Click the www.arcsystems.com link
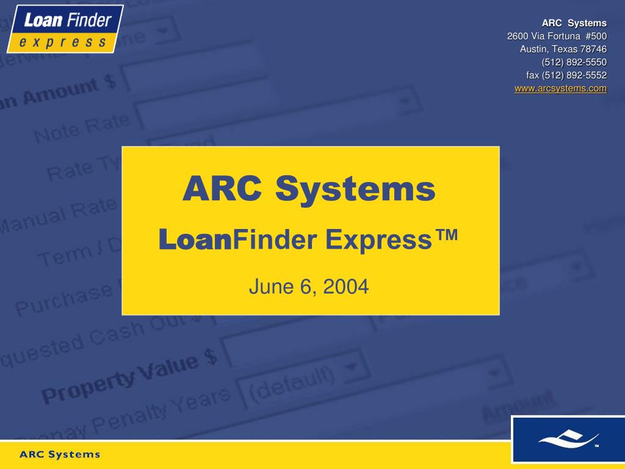pos(560,89)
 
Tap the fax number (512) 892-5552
pos(566,76)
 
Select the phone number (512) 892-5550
pos(574,62)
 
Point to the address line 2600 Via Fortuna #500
pos(557,36)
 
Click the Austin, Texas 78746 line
pos(563,49)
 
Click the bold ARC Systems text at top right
pos(574,23)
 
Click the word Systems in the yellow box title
pos(355,189)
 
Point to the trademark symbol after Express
pos(446,235)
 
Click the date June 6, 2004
pos(309,286)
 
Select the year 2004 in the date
pos(346,286)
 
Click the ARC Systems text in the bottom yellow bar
pos(60,454)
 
